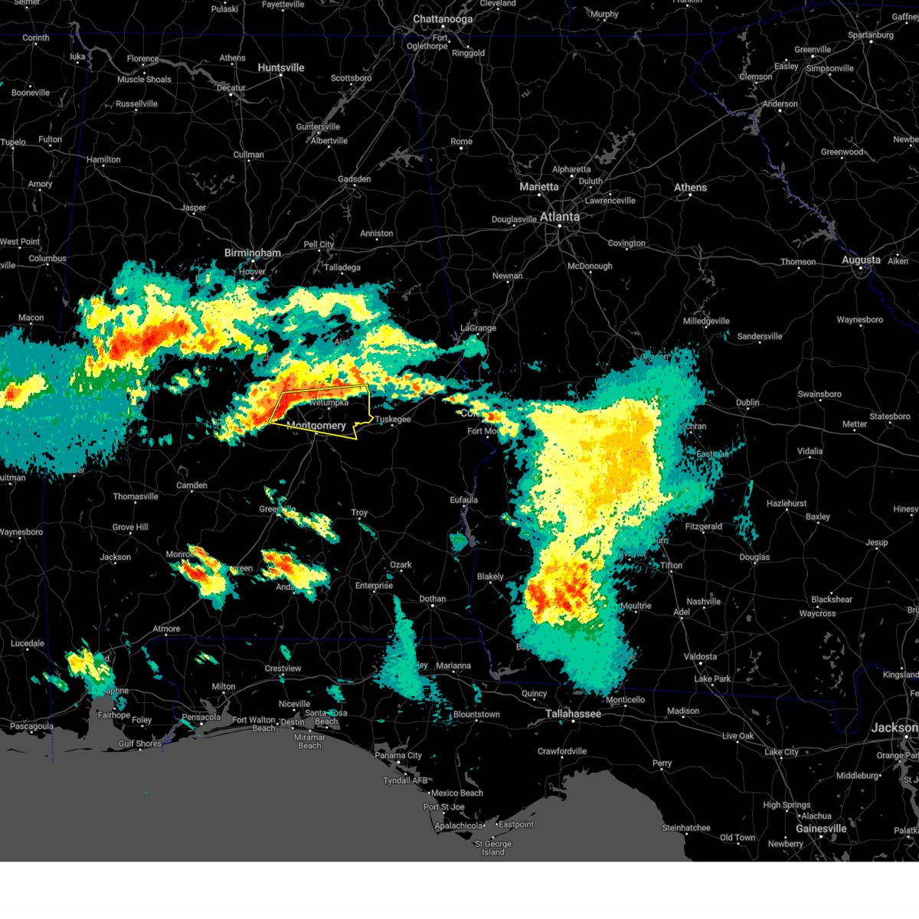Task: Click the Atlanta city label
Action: [x=560, y=217]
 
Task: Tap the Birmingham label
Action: [x=253, y=253]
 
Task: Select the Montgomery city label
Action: [x=316, y=426]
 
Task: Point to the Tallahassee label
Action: [x=573, y=714]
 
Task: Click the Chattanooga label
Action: [x=443, y=19]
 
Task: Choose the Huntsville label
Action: [x=281, y=68]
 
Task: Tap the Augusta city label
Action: [x=861, y=260]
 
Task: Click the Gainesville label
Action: [x=820, y=829]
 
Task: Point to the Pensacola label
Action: [x=201, y=718]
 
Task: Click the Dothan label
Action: [x=433, y=599]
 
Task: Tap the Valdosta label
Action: [x=700, y=657]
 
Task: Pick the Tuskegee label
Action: [x=393, y=420]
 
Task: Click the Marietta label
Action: [x=539, y=187]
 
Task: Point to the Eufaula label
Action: [x=463, y=500]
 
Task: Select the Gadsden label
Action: [x=355, y=179]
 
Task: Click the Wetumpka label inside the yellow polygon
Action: [x=329, y=402]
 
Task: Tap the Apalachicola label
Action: [x=459, y=826]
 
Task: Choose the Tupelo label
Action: [x=13, y=142]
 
